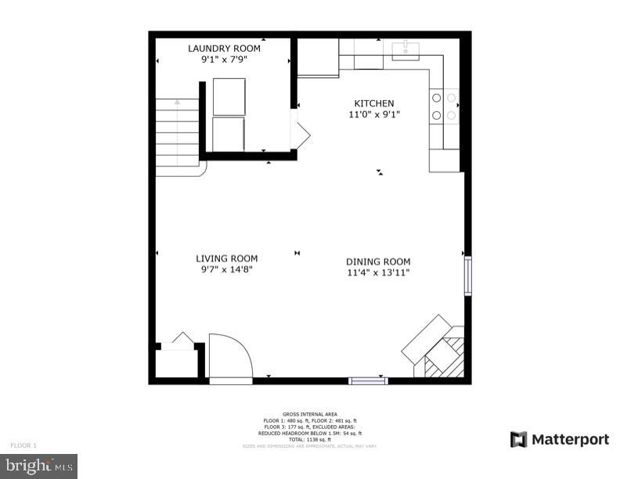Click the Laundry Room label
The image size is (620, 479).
point(224,49)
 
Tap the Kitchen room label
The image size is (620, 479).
point(374,103)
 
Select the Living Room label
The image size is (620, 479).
point(226,258)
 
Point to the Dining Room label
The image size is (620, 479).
point(378,261)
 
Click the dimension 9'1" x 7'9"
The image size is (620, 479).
point(224,59)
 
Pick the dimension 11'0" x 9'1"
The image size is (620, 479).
point(374,114)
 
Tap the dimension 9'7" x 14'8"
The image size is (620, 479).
point(226,269)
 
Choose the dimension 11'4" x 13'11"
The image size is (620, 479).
point(378,272)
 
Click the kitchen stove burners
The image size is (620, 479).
point(444,106)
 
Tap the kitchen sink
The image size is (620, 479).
point(406,50)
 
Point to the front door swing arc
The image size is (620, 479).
point(232,356)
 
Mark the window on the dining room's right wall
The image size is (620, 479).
point(467,274)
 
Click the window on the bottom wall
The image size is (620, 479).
point(367,381)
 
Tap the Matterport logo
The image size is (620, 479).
point(559,439)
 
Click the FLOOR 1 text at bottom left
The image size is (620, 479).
point(23,445)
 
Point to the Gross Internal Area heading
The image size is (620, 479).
point(309,414)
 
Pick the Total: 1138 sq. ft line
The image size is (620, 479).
point(309,439)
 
